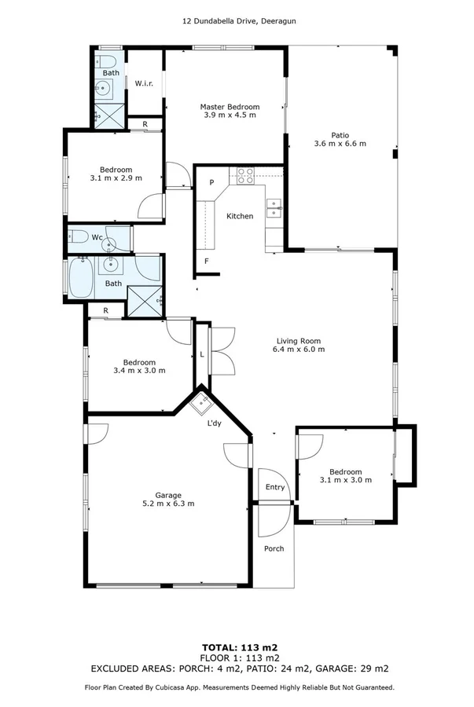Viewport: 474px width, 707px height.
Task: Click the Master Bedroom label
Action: (230, 106)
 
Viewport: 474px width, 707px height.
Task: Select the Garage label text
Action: (168, 495)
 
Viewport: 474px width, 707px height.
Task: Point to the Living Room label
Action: (298, 340)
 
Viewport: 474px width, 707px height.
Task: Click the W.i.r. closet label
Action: (143, 83)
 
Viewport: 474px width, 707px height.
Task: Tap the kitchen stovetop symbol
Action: (244, 175)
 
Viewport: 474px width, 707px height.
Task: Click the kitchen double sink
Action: (274, 207)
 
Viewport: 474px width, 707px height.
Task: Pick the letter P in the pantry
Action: (211, 183)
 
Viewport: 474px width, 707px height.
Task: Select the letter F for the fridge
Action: (207, 261)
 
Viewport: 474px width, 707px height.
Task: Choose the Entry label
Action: (275, 487)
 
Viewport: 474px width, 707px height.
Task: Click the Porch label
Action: (274, 548)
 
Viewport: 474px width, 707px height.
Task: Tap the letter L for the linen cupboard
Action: (203, 355)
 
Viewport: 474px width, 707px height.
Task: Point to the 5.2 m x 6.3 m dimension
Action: (168, 504)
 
